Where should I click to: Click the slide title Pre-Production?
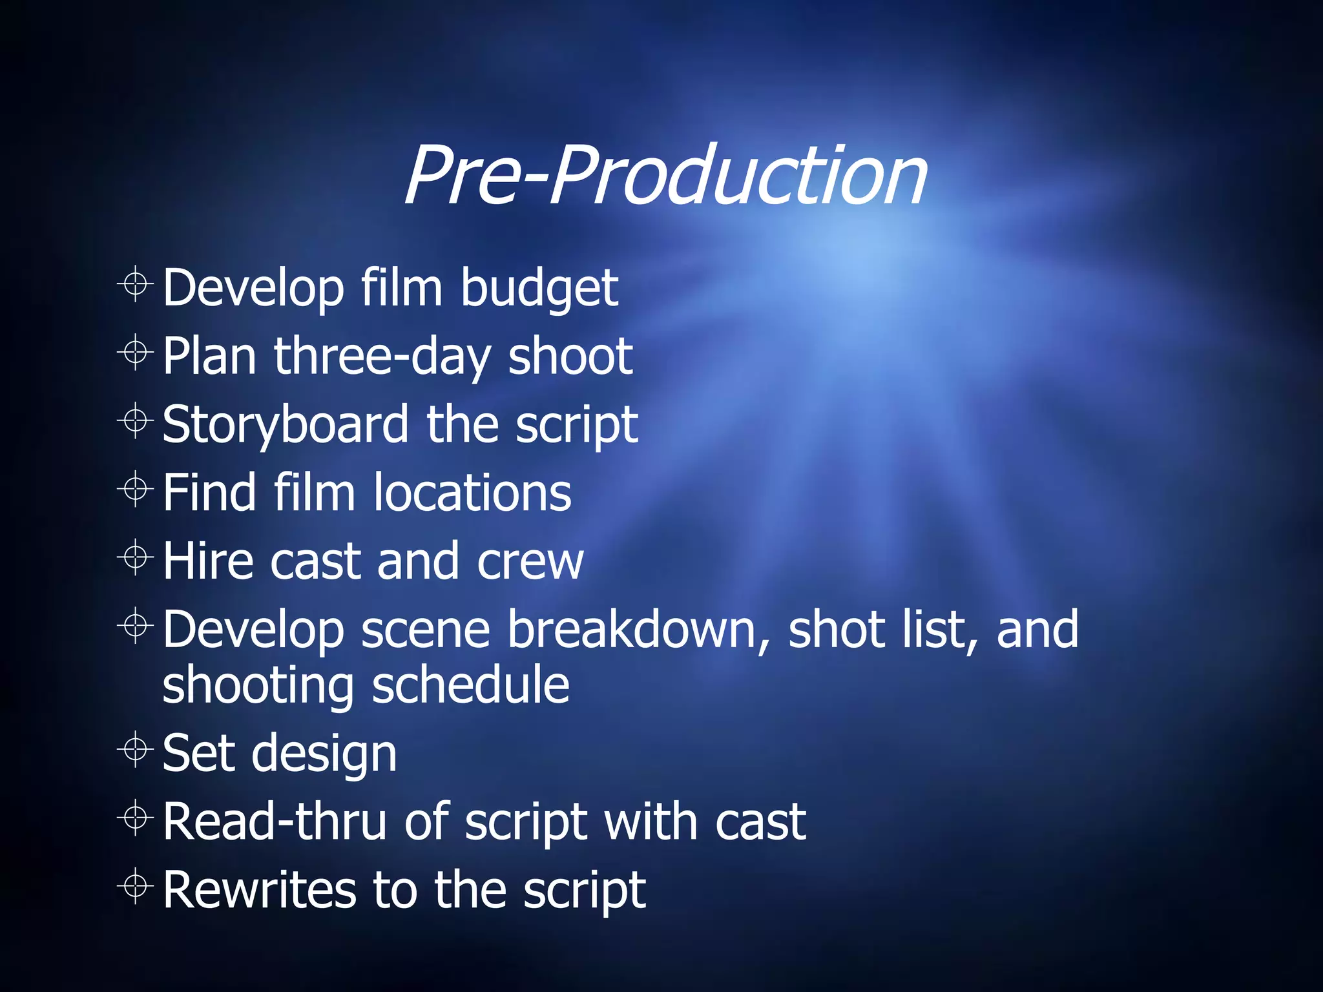[x=665, y=176]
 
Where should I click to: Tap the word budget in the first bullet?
[x=539, y=288]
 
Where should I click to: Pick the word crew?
[x=530, y=561]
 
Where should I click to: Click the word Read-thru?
[x=275, y=822]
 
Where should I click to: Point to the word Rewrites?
[x=259, y=890]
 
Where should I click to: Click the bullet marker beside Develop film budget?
[x=136, y=284]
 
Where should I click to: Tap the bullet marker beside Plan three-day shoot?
[x=136, y=352]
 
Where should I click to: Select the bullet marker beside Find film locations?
[x=136, y=489]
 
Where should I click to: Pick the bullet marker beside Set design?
[x=136, y=750]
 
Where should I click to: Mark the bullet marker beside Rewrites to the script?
[x=136, y=886]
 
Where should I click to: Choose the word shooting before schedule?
[x=258, y=687]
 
